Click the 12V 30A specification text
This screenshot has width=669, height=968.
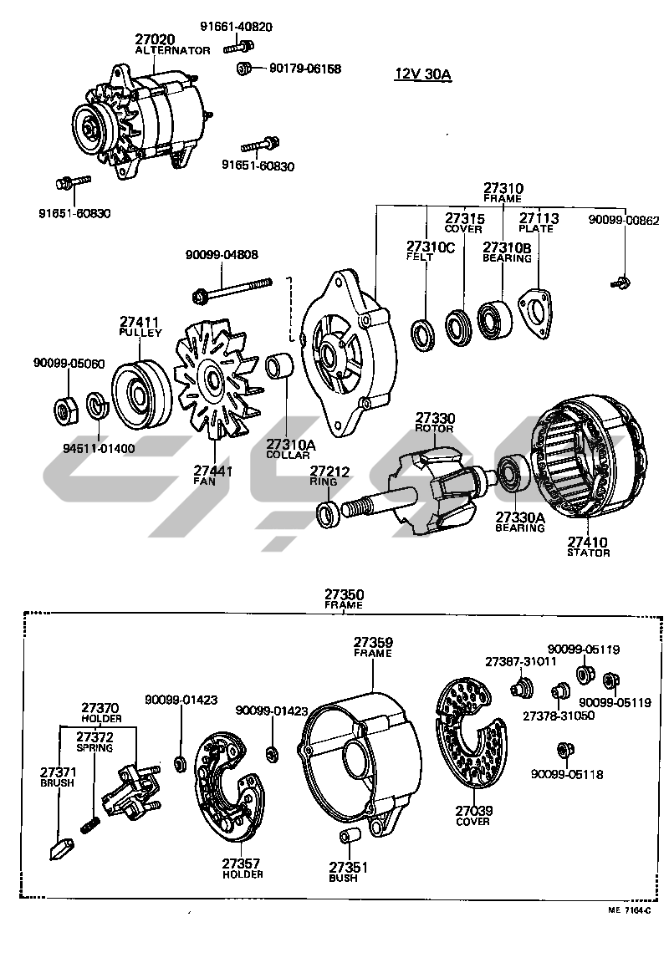pyautogui.click(x=422, y=74)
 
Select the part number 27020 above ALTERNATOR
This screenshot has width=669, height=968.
pyautogui.click(x=156, y=39)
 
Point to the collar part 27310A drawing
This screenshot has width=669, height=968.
pyautogui.click(x=278, y=368)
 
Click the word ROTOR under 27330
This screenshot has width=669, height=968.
pyautogui.click(x=435, y=429)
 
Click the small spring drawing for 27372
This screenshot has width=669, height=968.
pyautogui.click(x=91, y=825)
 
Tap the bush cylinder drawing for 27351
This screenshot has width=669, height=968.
pyautogui.click(x=346, y=838)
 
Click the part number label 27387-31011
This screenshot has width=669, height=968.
pyautogui.click(x=521, y=661)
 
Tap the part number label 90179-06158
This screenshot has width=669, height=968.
pyautogui.click(x=305, y=69)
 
